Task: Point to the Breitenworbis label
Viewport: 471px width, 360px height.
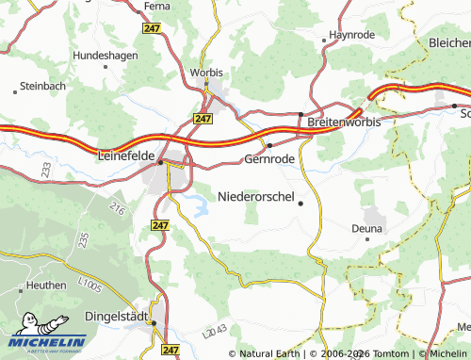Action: coord(347,122)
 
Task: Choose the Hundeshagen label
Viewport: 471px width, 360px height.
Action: coord(106,56)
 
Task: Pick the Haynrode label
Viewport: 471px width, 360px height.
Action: coord(351,35)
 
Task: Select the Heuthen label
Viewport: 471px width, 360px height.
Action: coord(46,285)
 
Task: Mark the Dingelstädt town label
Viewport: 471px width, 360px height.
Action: coord(115,318)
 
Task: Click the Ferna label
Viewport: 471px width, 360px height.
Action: coord(156,6)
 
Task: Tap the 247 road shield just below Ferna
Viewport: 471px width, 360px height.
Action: coord(152,29)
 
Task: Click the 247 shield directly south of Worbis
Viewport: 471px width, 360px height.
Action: coord(203,119)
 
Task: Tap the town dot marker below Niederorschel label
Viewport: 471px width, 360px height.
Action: coord(300,204)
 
